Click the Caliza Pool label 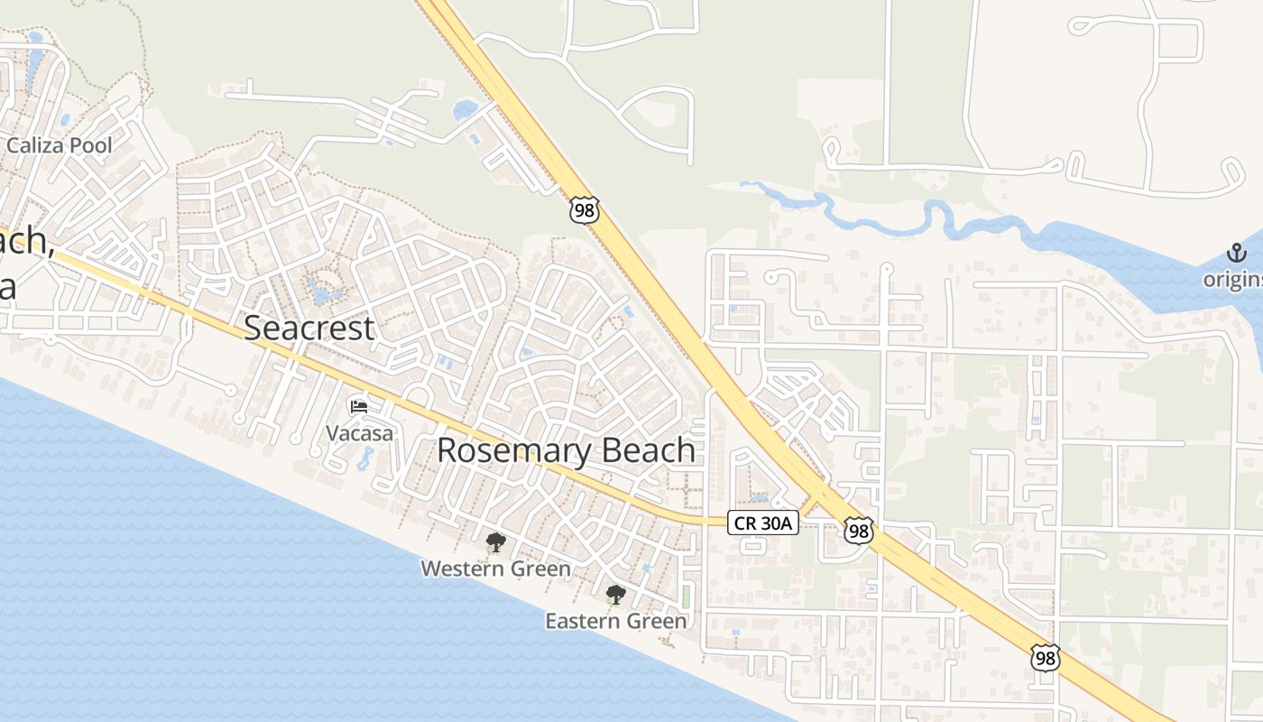(x=59, y=145)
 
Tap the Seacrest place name (x=309, y=329)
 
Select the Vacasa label (x=359, y=433)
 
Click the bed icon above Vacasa (x=359, y=407)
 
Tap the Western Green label (x=495, y=569)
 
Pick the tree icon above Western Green (x=495, y=542)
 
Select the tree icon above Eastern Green (x=616, y=595)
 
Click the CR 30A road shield (x=763, y=522)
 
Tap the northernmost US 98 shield (x=585, y=209)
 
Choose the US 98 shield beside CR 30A (x=859, y=531)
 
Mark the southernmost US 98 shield (x=1045, y=658)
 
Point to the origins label (x=1233, y=280)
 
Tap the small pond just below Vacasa (x=365, y=458)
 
